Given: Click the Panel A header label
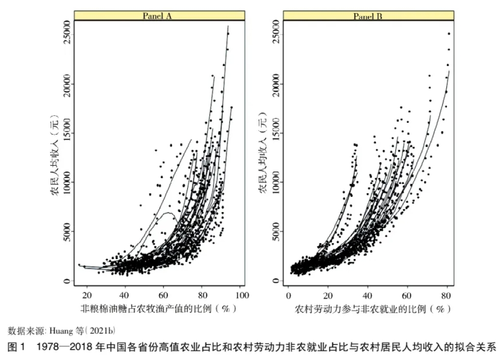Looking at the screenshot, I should coord(157,16).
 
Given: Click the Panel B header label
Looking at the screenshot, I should coord(368,16).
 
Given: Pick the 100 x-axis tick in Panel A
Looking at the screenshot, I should coord(242,295).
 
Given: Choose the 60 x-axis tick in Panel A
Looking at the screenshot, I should coord(163,295).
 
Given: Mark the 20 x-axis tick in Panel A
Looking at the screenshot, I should coord(86,295).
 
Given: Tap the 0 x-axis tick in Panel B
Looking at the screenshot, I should coord(288,295).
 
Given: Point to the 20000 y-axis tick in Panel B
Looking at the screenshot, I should coord(276,83).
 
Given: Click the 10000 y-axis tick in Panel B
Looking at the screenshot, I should coord(276,182).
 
